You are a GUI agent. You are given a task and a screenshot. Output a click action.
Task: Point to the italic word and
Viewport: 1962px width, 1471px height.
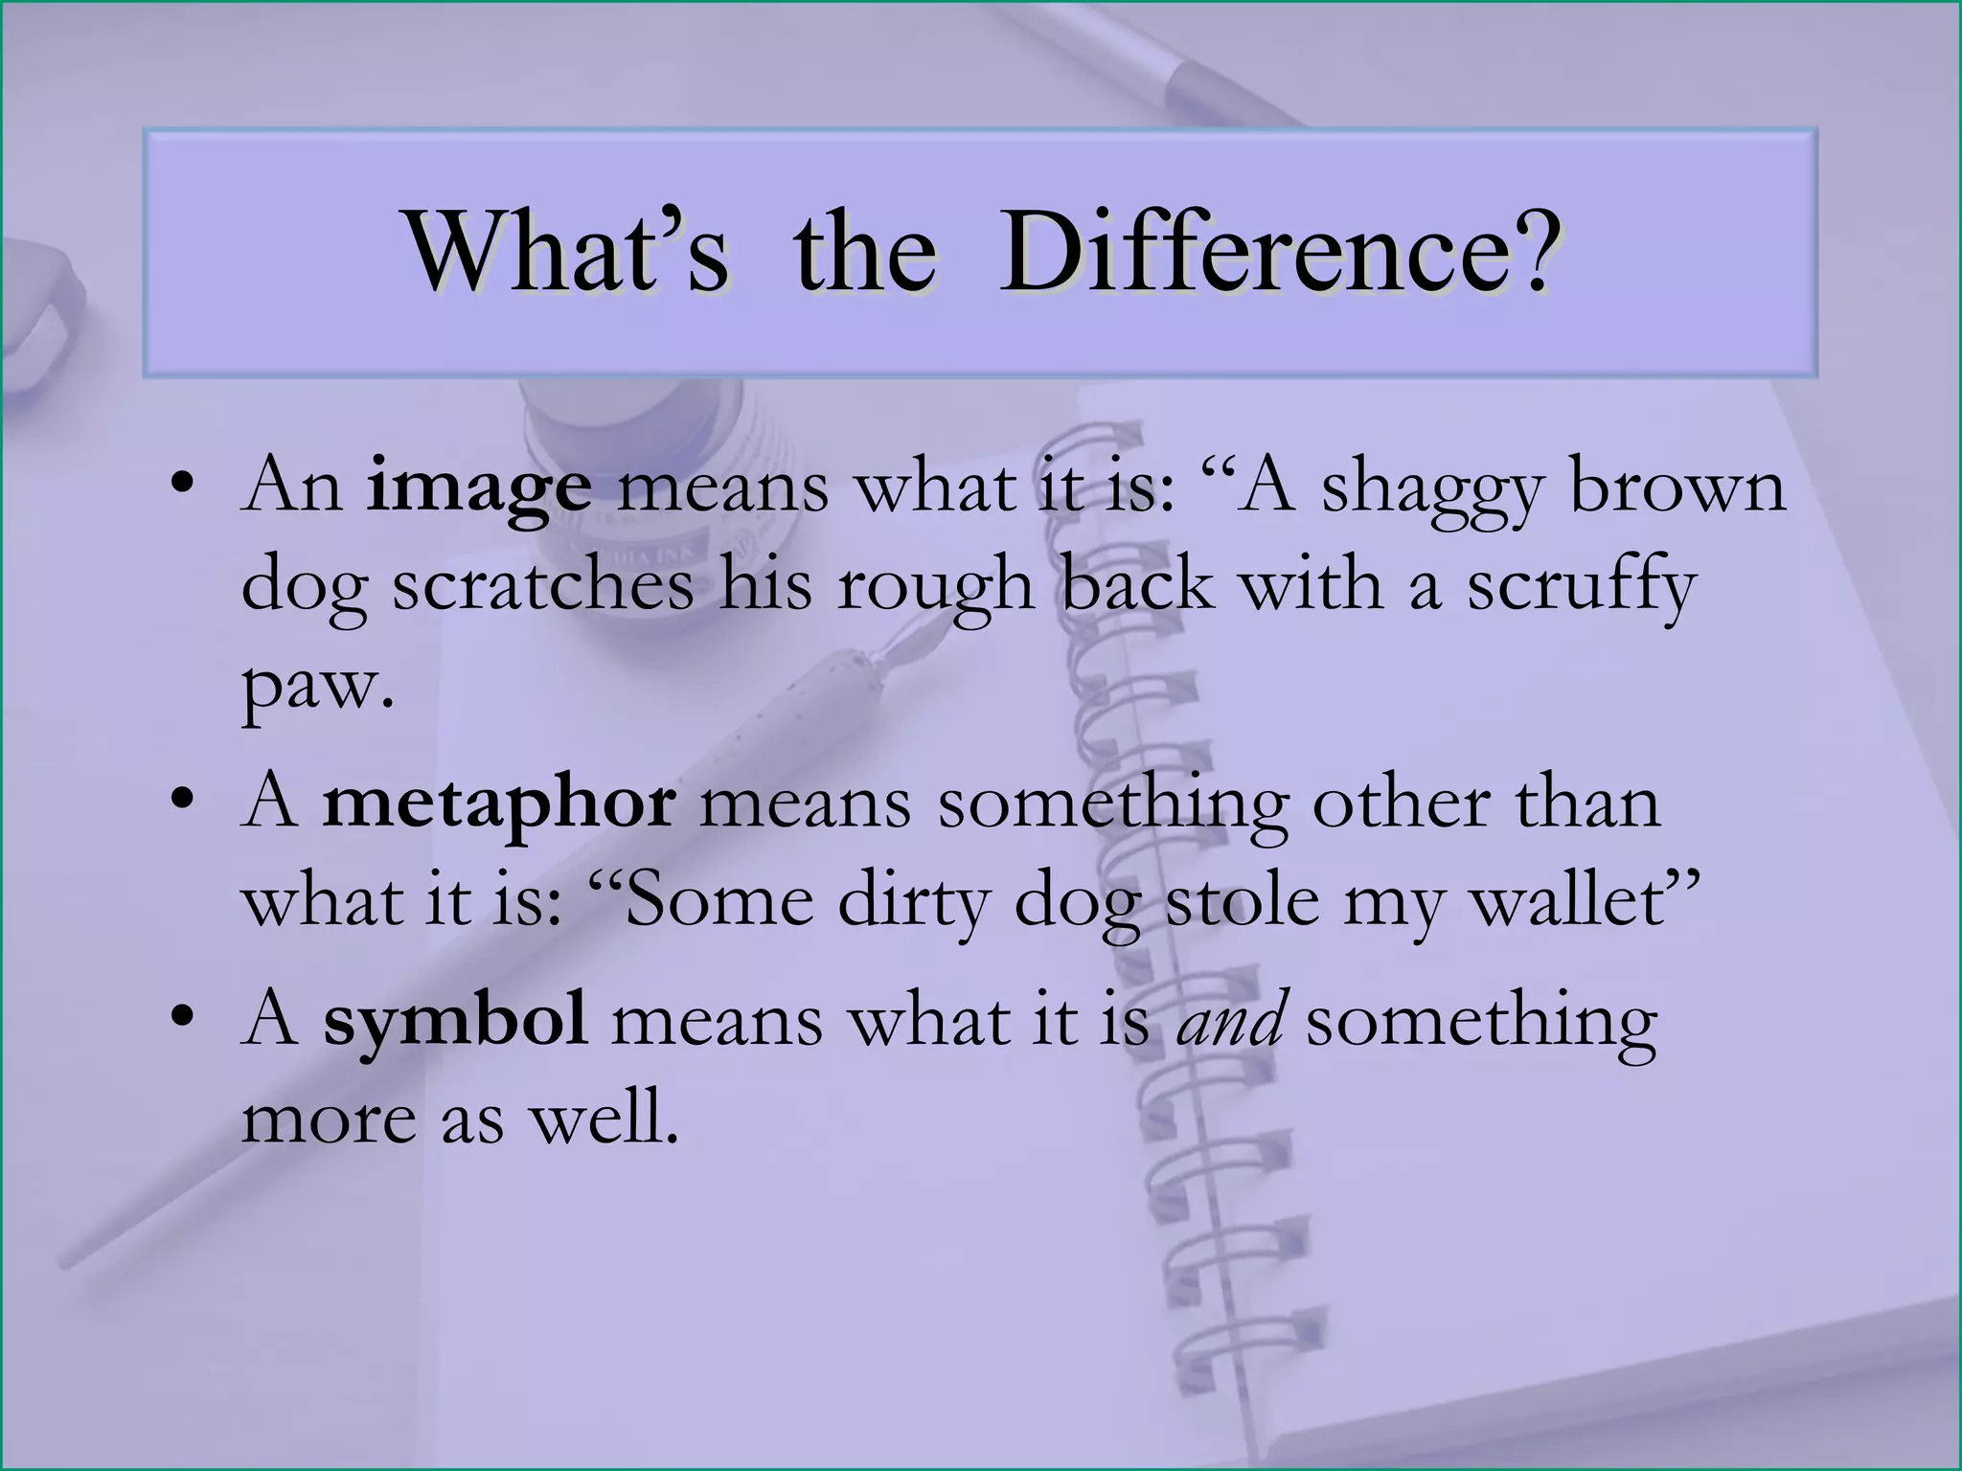coord(1230,1021)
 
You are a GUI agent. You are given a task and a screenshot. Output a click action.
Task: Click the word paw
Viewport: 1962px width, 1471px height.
coord(316,686)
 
